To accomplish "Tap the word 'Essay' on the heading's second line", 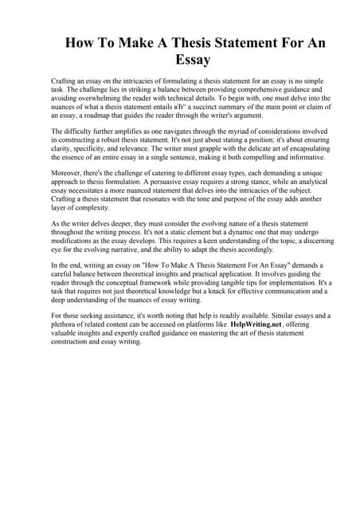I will (180, 60).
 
